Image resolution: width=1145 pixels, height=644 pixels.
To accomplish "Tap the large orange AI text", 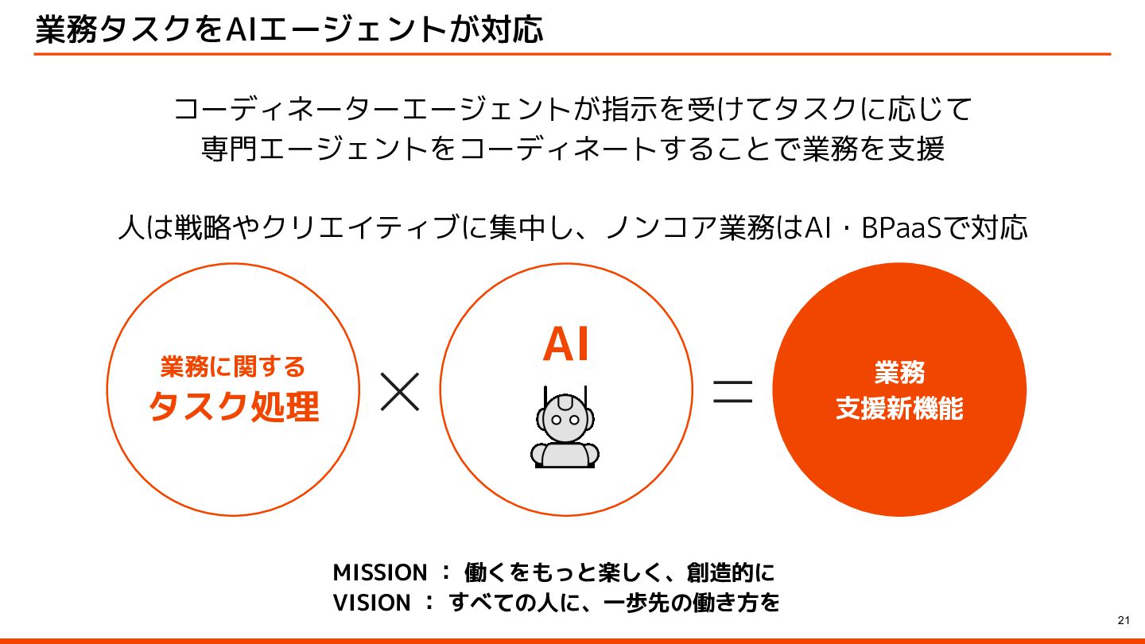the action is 566,344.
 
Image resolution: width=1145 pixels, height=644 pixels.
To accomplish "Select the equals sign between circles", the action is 732,391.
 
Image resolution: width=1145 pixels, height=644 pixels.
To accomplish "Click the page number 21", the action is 1124,620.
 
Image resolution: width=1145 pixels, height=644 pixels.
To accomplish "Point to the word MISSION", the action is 379,572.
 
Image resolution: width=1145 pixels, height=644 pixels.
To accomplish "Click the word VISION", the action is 371,603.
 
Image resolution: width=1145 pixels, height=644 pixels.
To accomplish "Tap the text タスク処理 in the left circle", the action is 233,407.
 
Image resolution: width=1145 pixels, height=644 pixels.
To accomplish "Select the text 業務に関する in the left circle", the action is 233,367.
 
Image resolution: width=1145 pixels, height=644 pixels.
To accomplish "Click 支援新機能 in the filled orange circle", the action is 899,409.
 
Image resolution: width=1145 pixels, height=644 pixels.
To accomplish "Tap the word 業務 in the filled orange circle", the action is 899,372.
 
